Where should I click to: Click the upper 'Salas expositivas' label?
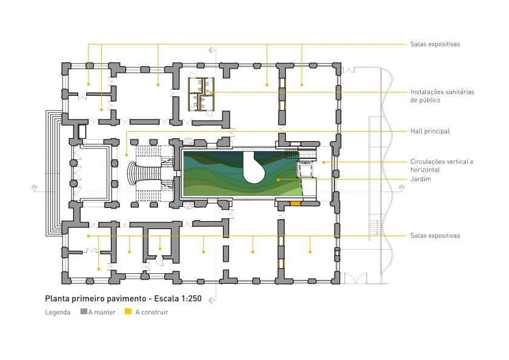point(435,44)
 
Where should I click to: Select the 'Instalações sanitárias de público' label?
point(442,96)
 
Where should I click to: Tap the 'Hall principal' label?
point(430,131)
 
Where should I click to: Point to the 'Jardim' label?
point(421,179)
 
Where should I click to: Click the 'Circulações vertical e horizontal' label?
point(442,165)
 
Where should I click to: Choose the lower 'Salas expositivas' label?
point(435,236)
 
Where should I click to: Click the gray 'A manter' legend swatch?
point(84,312)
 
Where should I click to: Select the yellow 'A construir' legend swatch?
point(128,312)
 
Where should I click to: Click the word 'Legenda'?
point(58,312)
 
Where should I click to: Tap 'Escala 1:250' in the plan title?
point(178,299)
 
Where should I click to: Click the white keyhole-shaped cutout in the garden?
point(253,167)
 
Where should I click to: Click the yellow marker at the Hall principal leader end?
point(127,155)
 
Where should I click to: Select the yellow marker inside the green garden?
point(278,179)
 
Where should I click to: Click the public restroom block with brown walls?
point(201,94)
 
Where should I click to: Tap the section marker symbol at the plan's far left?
point(35,187)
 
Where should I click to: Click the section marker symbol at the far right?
point(402,187)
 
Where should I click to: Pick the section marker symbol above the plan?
point(211,50)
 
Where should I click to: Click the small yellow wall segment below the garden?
point(296,204)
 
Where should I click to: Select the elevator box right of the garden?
point(305,170)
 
